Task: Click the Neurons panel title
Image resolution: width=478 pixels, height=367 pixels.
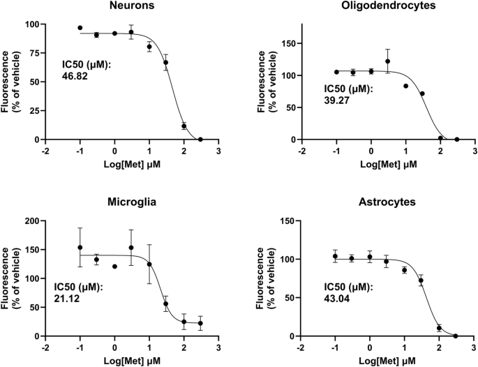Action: pyautogui.click(x=132, y=7)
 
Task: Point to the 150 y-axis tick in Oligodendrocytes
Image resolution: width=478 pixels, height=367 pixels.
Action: pyautogui.click(x=285, y=43)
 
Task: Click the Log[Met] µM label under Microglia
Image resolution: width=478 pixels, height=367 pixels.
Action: pyautogui.click(x=132, y=360)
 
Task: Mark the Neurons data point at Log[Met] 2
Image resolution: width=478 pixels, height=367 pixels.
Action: pyautogui.click(x=184, y=126)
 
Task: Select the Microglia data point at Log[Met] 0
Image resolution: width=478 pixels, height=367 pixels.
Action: pyautogui.click(x=114, y=267)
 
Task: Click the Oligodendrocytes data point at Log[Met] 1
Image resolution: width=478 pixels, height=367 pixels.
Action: pyautogui.click(x=405, y=86)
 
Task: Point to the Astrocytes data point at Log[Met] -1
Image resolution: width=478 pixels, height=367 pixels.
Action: pyautogui.click(x=336, y=256)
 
